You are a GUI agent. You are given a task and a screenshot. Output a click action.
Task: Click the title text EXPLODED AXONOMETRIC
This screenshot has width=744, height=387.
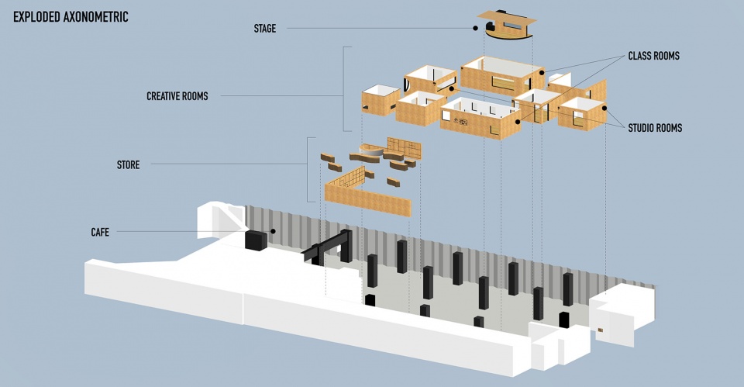point(71,17)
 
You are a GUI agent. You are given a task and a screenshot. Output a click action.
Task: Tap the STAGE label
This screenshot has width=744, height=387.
point(265,29)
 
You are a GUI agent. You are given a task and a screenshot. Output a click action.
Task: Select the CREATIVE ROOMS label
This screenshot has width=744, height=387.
point(177,96)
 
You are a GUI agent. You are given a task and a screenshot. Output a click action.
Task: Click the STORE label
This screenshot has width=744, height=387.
point(128,164)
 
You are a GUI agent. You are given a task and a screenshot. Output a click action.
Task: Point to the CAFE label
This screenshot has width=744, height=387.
point(100,232)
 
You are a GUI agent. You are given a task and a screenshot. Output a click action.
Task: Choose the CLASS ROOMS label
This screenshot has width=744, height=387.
point(653,56)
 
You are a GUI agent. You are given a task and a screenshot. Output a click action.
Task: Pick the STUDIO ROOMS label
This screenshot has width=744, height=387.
point(655,128)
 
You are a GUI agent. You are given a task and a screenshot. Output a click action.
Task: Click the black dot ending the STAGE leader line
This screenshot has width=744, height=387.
point(475,29)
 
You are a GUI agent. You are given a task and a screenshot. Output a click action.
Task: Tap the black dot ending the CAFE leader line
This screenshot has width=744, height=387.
point(274,231)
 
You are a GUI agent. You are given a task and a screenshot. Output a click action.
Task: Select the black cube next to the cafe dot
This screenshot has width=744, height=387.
point(256,240)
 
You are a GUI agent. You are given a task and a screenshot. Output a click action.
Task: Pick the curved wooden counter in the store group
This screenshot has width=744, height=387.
point(371,151)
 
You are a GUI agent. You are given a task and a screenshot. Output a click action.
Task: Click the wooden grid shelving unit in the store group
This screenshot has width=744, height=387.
point(404,147)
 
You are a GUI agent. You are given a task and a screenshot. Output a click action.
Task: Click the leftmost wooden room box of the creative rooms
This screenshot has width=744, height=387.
point(381,101)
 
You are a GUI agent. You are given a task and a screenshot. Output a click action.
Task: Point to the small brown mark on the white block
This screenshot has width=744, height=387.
point(600,330)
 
